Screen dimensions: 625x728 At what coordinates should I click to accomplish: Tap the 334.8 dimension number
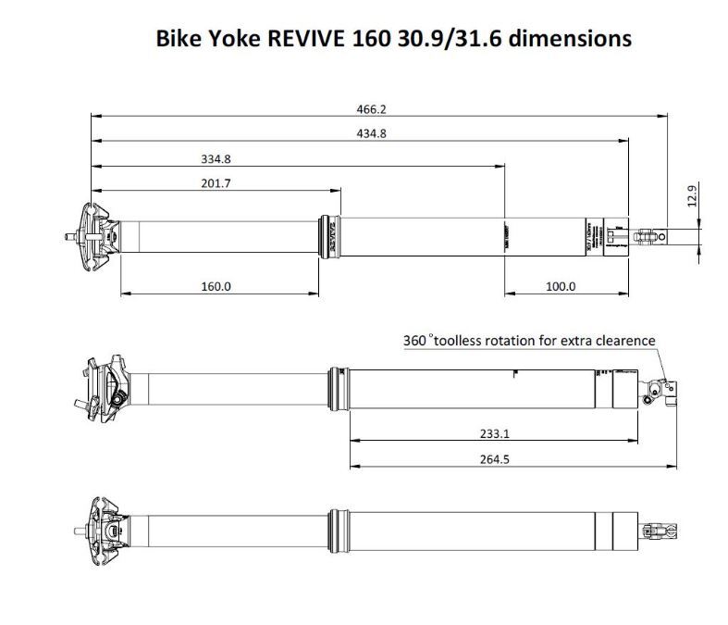pyautogui.click(x=215, y=158)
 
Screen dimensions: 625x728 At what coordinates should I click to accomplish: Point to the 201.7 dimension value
pyautogui.click(x=215, y=183)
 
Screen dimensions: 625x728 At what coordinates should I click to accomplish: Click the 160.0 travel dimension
pyautogui.click(x=216, y=286)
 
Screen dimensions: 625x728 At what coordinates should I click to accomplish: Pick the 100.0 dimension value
pyautogui.click(x=561, y=286)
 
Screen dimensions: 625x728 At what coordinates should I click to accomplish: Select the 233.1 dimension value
pyautogui.click(x=495, y=432)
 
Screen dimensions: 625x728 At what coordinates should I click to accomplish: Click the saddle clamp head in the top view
pyautogui.click(x=96, y=235)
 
